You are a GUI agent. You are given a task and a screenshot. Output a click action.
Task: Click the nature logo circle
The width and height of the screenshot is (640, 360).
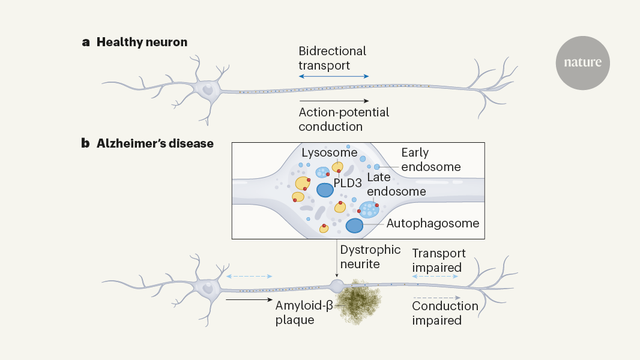point(582,62)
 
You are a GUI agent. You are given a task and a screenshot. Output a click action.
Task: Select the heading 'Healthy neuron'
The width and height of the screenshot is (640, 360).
point(142,42)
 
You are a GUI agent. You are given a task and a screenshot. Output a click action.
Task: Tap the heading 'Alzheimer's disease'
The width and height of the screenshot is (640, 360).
point(155,144)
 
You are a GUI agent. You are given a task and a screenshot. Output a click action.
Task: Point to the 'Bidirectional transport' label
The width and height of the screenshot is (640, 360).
point(332,58)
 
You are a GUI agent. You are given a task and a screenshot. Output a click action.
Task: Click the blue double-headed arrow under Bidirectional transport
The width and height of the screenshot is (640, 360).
point(334,77)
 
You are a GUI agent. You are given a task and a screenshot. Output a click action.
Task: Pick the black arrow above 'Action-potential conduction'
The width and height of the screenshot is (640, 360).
point(334,100)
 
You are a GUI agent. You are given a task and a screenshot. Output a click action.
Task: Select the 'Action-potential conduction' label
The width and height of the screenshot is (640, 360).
point(343,119)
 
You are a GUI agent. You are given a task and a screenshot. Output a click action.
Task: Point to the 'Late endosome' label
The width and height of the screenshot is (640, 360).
point(396,184)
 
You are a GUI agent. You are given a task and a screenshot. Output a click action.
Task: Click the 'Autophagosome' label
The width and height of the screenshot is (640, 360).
point(432,223)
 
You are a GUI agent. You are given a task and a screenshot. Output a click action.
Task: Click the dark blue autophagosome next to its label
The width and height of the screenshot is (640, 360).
point(354,226)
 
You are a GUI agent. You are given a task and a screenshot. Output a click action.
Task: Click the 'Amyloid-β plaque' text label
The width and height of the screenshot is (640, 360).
point(303,313)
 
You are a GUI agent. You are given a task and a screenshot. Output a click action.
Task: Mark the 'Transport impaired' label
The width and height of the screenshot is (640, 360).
point(438,260)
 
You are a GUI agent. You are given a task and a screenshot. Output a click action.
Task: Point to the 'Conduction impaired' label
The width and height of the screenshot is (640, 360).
point(445,313)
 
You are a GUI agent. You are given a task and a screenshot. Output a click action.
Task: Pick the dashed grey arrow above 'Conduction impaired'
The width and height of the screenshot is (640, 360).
point(436,298)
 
